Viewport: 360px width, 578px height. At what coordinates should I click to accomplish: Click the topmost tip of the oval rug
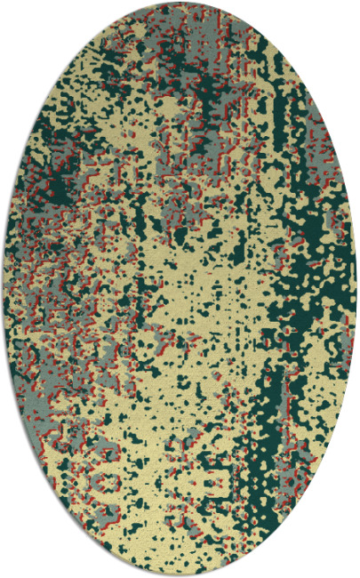click(x=180, y=3)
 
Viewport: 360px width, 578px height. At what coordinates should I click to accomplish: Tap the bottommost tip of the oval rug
click(x=180, y=574)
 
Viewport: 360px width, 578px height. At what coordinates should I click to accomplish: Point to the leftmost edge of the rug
click(x=4, y=289)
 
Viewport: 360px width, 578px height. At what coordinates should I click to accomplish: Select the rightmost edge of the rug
click(x=356, y=289)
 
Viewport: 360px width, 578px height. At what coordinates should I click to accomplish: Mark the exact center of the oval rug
click(x=180, y=289)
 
